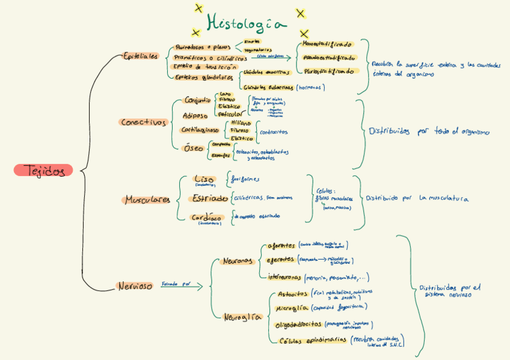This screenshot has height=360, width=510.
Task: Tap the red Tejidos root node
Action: (43, 171)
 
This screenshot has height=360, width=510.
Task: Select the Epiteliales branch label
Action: (140, 56)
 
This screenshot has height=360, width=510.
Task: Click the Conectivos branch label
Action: (143, 122)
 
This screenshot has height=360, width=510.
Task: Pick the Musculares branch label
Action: (147, 200)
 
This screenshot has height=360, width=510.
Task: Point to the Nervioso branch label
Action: (135, 286)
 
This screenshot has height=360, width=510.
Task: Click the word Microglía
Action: (292, 308)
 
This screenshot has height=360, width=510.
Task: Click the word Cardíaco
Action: (206, 218)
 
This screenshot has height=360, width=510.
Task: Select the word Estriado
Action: (209, 199)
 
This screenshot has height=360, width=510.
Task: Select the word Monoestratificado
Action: (327, 44)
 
